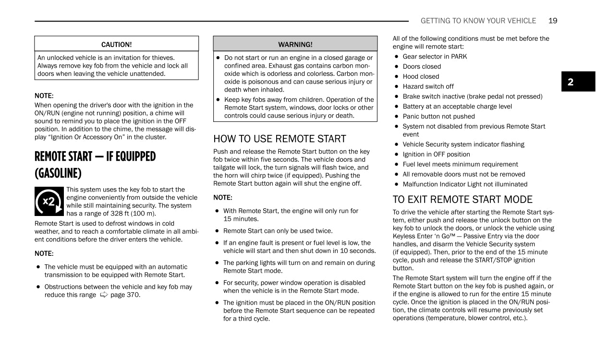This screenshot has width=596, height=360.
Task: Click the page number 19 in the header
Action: click(552, 21)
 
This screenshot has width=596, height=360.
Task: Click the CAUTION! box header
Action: click(116, 44)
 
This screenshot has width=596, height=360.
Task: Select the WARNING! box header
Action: click(295, 44)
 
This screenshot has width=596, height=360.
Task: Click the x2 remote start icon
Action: click(49, 202)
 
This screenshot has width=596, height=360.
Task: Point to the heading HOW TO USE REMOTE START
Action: click(280, 139)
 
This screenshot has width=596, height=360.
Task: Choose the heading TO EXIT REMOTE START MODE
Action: click(462, 200)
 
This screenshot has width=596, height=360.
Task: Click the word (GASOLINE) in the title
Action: click(58, 173)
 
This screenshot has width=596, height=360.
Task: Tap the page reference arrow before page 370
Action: click(104, 295)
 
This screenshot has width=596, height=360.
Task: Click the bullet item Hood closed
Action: click(421, 76)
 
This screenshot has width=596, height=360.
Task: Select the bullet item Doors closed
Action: click(422, 66)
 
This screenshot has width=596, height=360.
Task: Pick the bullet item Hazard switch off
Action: click(428, 86)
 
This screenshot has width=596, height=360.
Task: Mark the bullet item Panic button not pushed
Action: click(438, 116)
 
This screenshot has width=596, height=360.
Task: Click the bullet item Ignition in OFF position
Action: click(436, 154)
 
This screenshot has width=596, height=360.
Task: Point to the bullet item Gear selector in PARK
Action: click(435, 56)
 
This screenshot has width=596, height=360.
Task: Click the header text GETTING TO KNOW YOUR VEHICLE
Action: click(478, 21)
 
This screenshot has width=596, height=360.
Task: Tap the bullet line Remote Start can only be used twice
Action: click(278, 231)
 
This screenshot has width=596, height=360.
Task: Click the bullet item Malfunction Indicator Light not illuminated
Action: click(465, 184)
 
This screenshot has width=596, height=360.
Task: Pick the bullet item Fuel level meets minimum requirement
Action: click(460, 164)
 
